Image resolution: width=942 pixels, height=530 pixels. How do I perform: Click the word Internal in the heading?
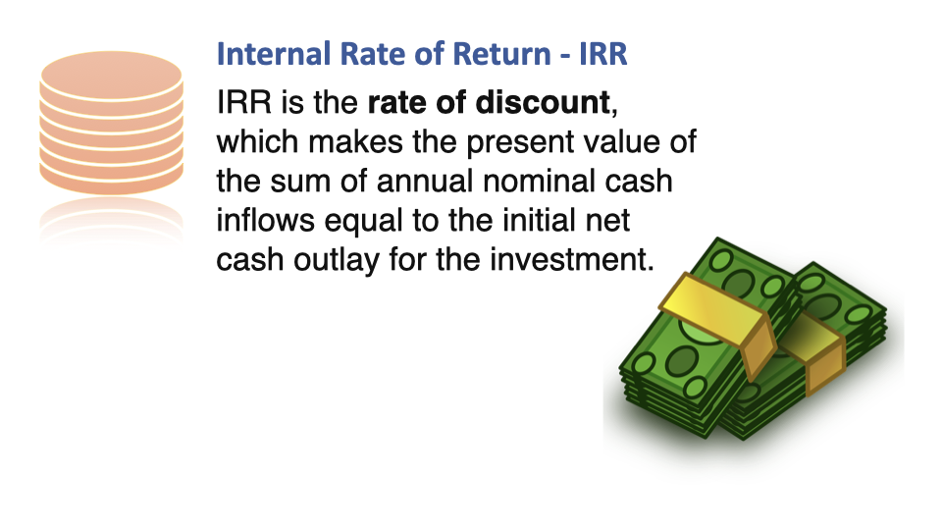point(274,53)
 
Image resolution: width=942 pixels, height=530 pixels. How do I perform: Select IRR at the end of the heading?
point(603,53)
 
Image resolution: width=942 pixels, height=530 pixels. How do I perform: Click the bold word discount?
point(543,102)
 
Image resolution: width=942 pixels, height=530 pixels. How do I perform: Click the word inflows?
point(266,220)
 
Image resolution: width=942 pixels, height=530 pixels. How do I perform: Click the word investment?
point(571,259)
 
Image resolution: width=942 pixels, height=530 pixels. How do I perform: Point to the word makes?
point(355,141)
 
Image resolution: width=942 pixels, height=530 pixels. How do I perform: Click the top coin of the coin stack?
point(112,77)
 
